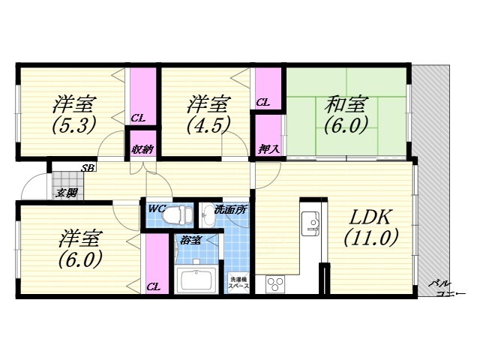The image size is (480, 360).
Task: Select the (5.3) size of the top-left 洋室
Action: click(x=73, y=124)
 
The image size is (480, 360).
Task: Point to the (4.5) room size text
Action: click(x=205, y=124)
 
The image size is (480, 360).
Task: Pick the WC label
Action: click(x=157, y=208)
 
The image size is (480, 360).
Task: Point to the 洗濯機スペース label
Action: click(x=238, y=282)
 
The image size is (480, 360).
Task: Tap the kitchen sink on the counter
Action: click(x=311, y=222)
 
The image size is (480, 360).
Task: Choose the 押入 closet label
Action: click(x=270, y=148)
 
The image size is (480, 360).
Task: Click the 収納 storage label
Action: click(x=142, y=148)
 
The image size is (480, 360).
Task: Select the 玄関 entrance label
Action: click(x=66, y=193)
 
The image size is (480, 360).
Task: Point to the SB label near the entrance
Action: click(x=88, y=168)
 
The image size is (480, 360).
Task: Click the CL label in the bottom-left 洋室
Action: click(x=153, y=286)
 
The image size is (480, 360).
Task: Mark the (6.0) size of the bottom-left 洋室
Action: click(x=79, y=259)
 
